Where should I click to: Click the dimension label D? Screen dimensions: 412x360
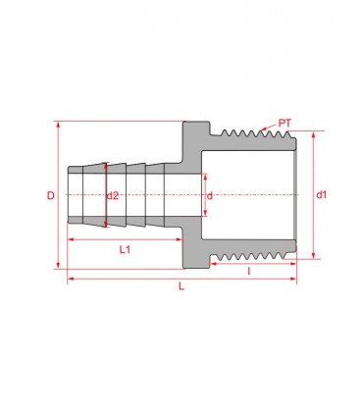click(51, 196)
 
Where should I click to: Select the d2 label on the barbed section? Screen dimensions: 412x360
click(113, 196)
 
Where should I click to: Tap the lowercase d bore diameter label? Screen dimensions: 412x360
click(209, 196)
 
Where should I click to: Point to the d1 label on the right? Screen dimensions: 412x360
click(321, 196)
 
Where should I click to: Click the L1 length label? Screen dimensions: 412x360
click(126, 250)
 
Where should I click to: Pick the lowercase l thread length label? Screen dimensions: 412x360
click(248, 270)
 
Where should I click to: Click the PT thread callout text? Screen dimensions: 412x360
click(284, 124)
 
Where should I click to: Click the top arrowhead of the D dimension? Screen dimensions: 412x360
click(61, 124)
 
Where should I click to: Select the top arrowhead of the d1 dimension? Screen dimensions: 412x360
click(313, 133)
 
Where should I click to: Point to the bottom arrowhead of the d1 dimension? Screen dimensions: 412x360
click(313, 259)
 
